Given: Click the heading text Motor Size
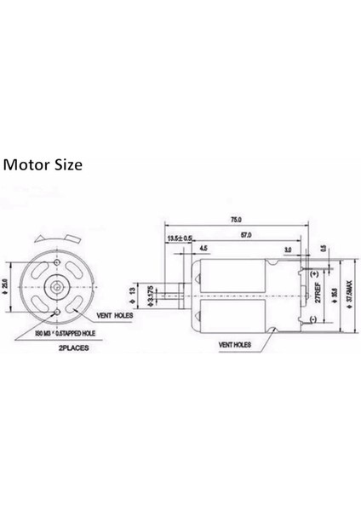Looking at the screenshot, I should click(x=44, y=164).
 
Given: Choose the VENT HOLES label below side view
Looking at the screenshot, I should click(x=235, y=346).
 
